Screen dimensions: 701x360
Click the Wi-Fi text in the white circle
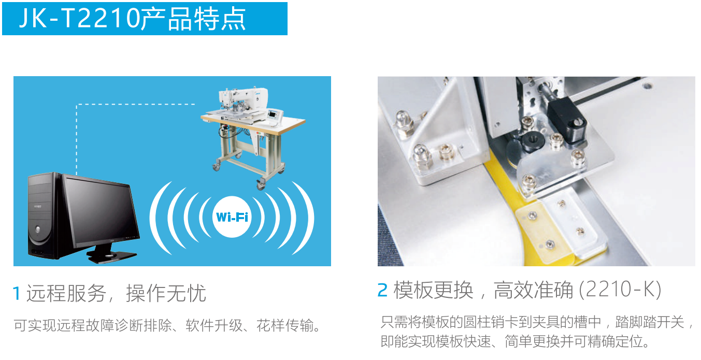pos(232,217)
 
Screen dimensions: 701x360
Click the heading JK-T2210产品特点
pos(133,19)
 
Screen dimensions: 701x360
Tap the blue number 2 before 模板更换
pos(383,290)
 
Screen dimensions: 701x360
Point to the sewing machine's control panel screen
pos(272,114)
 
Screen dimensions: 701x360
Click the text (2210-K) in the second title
pos(620,290)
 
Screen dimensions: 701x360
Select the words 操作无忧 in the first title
pos(166,293)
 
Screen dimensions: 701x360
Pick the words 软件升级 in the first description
pos(214,325)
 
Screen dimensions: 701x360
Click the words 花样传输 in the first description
pos(285,325)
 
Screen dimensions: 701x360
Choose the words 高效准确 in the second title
pos(533,290)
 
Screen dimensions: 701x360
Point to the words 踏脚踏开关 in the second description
pos(650,322)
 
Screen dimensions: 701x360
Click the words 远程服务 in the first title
pos(66,293)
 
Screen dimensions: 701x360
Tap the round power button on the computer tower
pos(38,230)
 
